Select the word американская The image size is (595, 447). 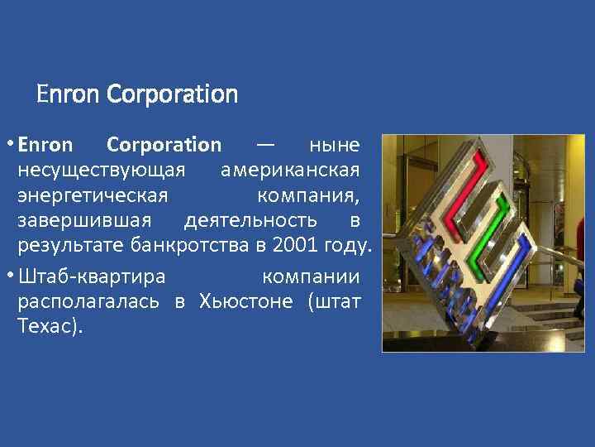point(291,171)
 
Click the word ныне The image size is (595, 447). point(334,146)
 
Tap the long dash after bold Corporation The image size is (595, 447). point(265,146)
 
